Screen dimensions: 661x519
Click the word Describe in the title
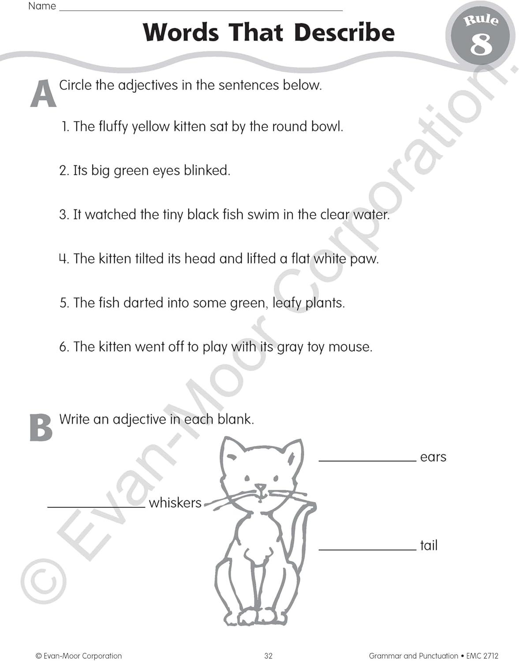click(x=344, y=33)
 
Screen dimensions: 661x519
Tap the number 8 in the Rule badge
click(x=481, y=45)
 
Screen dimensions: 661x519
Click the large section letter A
click(x=43, y=94)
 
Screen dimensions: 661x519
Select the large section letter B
click(x=41, y=427)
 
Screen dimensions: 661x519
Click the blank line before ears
click(x=367, y=460)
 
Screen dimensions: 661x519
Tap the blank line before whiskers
click(x=96, y=507)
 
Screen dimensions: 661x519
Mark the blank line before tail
click(x=367, y=550)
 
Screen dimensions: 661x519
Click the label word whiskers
click(x=175, y=503)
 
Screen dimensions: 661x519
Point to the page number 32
click(x=268, y=656)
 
